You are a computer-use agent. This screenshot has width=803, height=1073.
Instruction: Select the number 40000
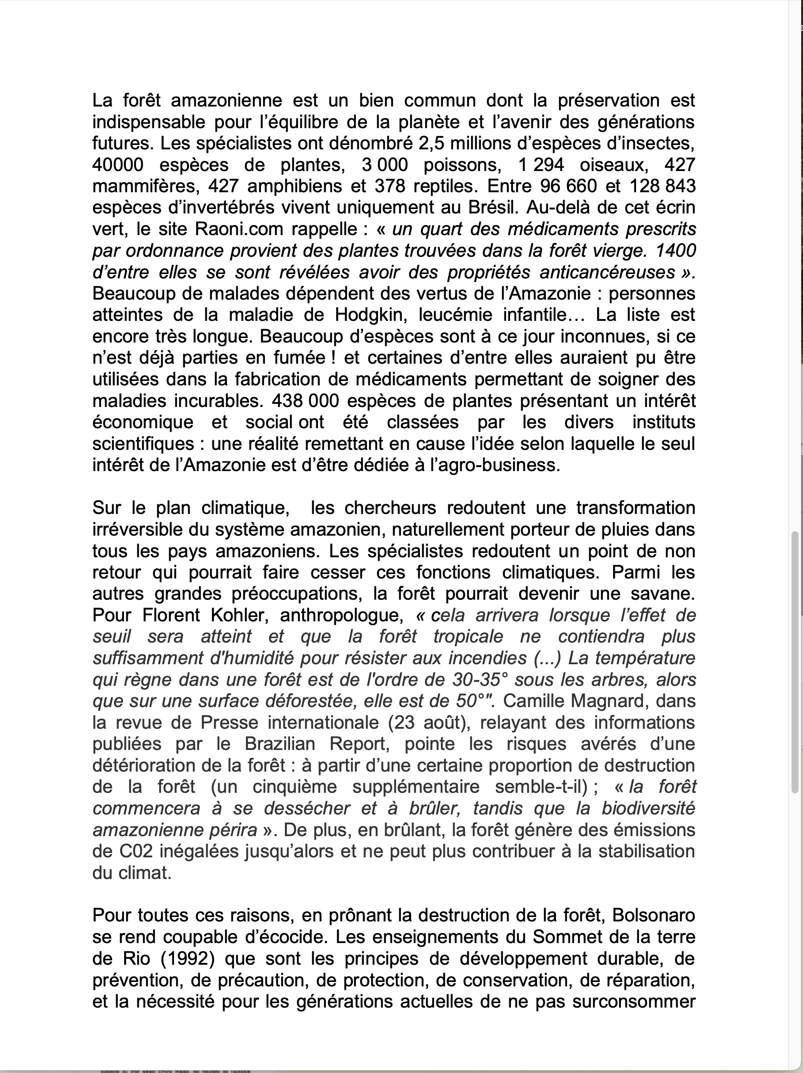tap(118, 165)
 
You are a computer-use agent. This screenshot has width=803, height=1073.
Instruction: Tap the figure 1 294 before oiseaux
tap(541, 165)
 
